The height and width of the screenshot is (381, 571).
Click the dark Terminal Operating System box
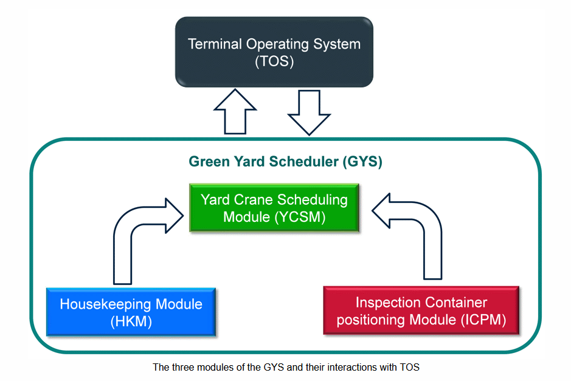[274, 52]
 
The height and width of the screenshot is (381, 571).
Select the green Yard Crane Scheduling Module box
[274, 208]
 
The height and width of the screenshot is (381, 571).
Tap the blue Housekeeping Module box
[131, 312]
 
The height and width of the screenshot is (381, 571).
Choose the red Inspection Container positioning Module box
[421, 311]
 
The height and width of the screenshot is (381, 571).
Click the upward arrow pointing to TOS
[235, 112]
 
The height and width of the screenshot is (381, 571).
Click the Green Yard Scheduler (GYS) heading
[286, 162]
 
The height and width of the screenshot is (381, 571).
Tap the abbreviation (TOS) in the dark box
[274, 61]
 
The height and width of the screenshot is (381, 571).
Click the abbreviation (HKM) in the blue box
[131, 321]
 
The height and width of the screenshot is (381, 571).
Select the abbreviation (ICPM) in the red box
[483, 320]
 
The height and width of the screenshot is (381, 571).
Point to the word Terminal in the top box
[215, 44]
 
